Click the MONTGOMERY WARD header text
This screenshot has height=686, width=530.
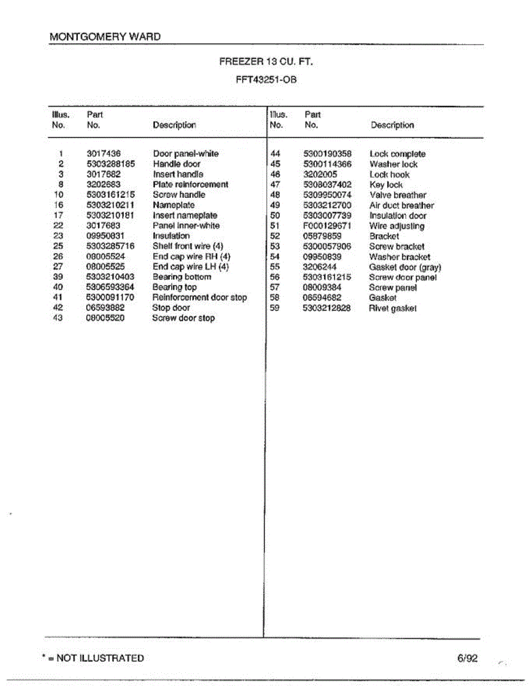pyautogui.click(x=105, y=37)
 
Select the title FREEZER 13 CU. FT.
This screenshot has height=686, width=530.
pyautogui.click(x=266, y=61)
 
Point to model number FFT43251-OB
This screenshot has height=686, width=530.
pyautogui.click(x=266, y=79)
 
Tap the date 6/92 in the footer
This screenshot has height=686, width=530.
pyautogui.click(x=467, y=658)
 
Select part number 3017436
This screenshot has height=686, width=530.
pyautogui.click(x=103, y=154)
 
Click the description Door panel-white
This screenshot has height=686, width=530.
pyautogui.click(x=186, y=154)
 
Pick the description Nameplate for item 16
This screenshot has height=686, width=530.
pyautogui.click(x=174, y=205)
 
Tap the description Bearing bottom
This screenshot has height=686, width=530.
pyautogui.click(x=182, y=277)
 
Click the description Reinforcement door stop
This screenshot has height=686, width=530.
pyautogui.click(x=200, y=297)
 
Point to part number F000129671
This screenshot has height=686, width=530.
pyautogui.click(x=327, y=226)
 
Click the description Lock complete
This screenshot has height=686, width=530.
pyautogui.click(x=397, y=154)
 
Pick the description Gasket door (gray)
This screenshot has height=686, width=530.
pyautogui.click(x=405, y=267)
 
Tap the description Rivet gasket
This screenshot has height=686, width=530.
pyautogui.click(x=393, y=308)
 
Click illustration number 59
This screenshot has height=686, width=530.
pyautogui.click(x=274, y=308)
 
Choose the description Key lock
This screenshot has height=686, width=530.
pyautogui.click(x=386, y=185)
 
